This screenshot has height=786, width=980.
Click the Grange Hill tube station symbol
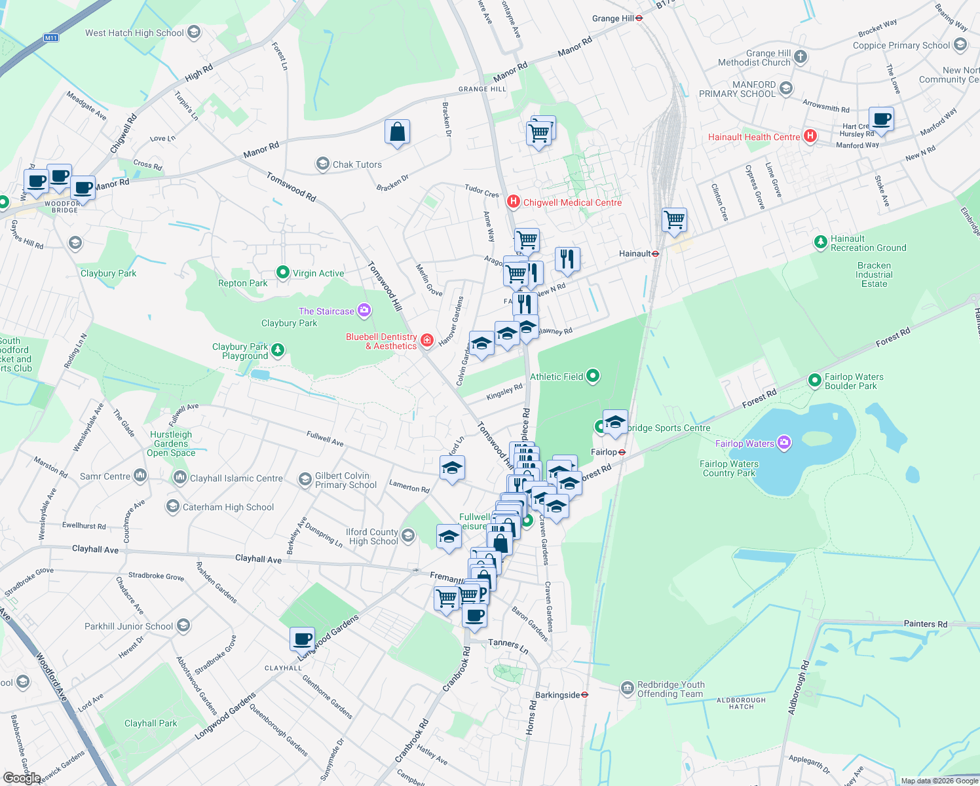639,18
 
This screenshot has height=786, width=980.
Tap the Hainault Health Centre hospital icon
810,136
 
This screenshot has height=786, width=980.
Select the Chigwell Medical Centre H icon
514,202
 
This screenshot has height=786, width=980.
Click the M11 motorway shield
51,38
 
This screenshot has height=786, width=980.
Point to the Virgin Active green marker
282,272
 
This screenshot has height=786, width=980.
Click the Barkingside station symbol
585,695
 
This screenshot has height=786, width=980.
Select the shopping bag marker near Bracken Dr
397,132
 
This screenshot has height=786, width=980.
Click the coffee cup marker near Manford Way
881,120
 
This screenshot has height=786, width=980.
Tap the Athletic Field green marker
593,376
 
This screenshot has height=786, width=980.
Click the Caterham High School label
228,507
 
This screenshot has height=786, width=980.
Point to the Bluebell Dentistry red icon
427,340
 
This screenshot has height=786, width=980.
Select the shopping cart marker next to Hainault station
674,219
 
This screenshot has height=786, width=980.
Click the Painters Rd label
925,624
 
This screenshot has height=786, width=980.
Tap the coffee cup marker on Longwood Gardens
303,639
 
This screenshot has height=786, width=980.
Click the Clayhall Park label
151,723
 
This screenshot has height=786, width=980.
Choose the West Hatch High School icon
193,32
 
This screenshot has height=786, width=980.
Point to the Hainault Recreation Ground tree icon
820,242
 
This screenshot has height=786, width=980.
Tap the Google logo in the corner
22,777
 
